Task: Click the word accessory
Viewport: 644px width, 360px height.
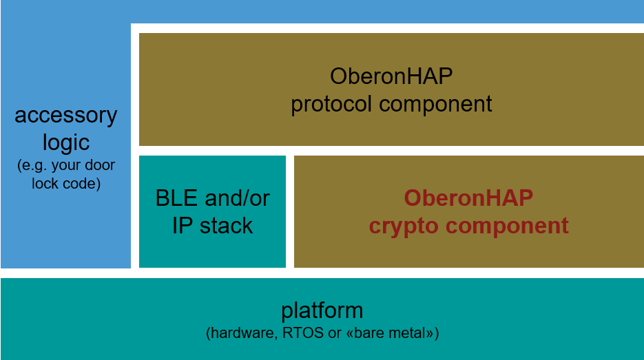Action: pyautogui.click(x=65, y=116)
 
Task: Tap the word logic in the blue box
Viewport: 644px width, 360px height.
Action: pyautogui.click(x=66, y=143)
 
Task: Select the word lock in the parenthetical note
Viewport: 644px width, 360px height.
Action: pyautogui.click(x=45, y=184)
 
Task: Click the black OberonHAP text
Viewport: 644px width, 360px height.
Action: pyautogui.click(x=391, y=76)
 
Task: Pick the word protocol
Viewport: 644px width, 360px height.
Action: pyautogui.click(x=331, y=104)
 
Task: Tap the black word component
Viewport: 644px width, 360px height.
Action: pyautogui.click(x=435, y=104)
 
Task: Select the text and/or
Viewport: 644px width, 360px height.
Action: pyautogui.click(x=238, y=198)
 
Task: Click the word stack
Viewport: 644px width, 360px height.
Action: pyautogui.click(x=226, y=226)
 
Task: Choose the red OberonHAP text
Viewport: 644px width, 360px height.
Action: pyautogui.click(x=468, y=198)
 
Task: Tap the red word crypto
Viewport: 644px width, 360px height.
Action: pyautogui.click(x=404, y=226)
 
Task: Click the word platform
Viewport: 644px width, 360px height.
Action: pyautogui.click(x=322, y=310)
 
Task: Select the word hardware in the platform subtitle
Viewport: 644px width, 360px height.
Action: pyautogui.click(x=242, y=333)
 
